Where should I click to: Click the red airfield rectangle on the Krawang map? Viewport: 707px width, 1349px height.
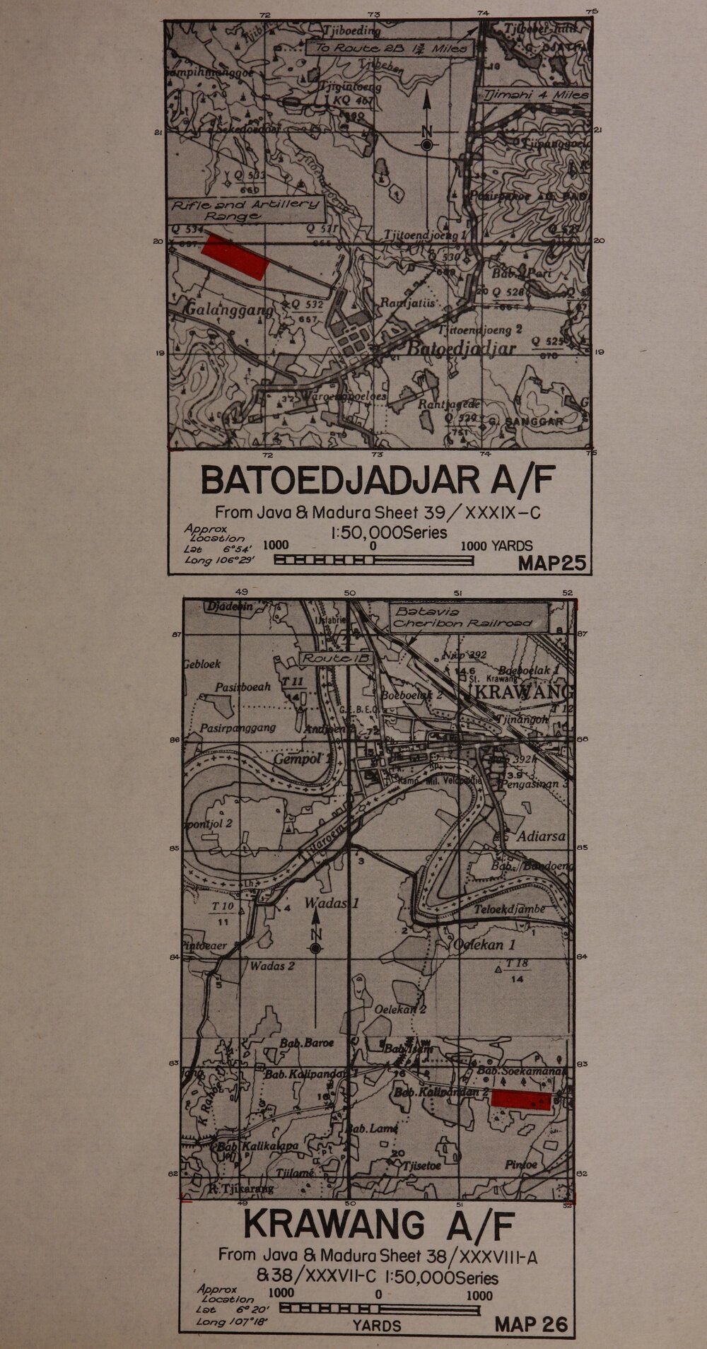point(521,1099)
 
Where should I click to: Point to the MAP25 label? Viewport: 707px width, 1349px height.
point(552,563)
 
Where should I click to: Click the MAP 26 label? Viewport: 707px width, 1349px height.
point(531,1324)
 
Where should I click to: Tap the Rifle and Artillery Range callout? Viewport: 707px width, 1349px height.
point(246,210)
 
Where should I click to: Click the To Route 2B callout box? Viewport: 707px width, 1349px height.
point(389,48)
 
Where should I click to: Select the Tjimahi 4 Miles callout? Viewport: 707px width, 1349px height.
point(535,95)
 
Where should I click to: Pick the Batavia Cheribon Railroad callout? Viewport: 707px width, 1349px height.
point(469,617)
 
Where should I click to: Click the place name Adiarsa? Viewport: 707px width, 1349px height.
point(542,836)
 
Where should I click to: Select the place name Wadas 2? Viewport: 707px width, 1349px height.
point(272,966)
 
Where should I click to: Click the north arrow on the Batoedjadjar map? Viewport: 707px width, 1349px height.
point(426,127)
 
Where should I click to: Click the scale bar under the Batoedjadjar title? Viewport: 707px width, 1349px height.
point(373,561)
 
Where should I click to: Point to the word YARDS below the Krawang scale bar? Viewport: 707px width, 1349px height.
point(377,1326)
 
